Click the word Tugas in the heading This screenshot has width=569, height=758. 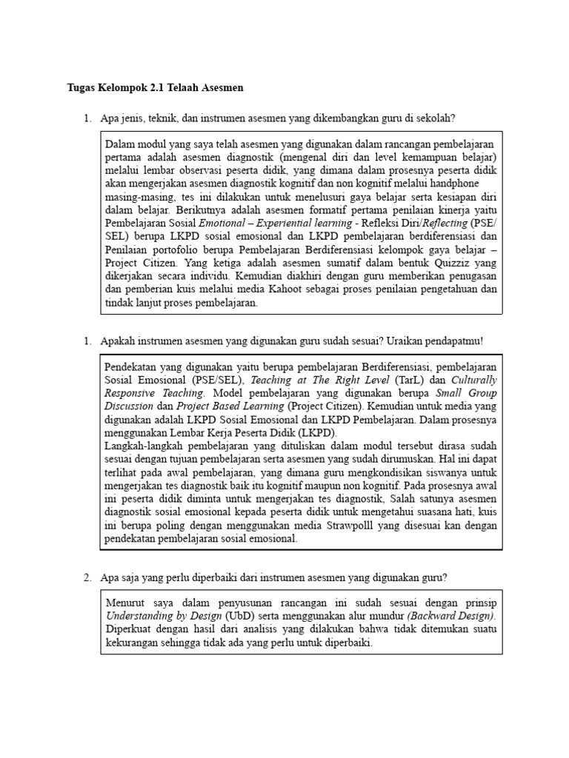coord(80,87)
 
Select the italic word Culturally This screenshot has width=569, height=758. coord(470,380)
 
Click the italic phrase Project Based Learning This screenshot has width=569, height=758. coord(220,406)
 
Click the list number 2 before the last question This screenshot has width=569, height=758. coord(87,577)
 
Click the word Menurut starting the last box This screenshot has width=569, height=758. coord(125,602)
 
